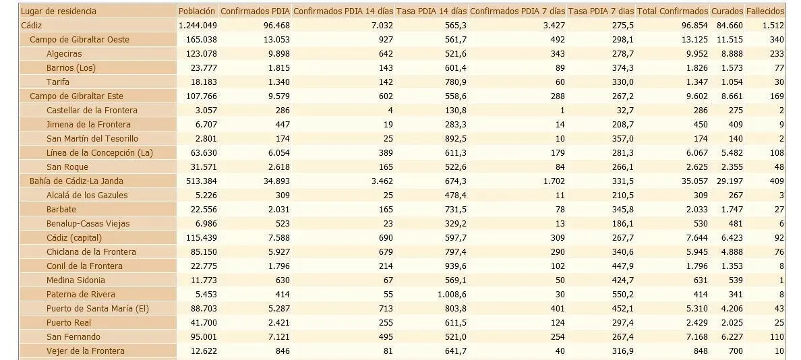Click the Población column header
(198, 11)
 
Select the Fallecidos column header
(765, 11)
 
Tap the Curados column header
(727, 11)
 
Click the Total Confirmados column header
(672, 11)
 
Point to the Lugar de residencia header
(58, 11)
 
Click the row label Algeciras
(64, 54)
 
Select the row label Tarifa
(58, 82)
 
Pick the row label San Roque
(67, 167)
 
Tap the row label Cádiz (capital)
(74, 237)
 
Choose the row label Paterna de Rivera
(81, 294)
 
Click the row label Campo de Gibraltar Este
(77, 96)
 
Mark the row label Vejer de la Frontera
(86, 351)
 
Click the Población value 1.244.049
(198, 25)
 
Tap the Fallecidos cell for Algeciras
(777, 54)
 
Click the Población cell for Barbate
(203, 210)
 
